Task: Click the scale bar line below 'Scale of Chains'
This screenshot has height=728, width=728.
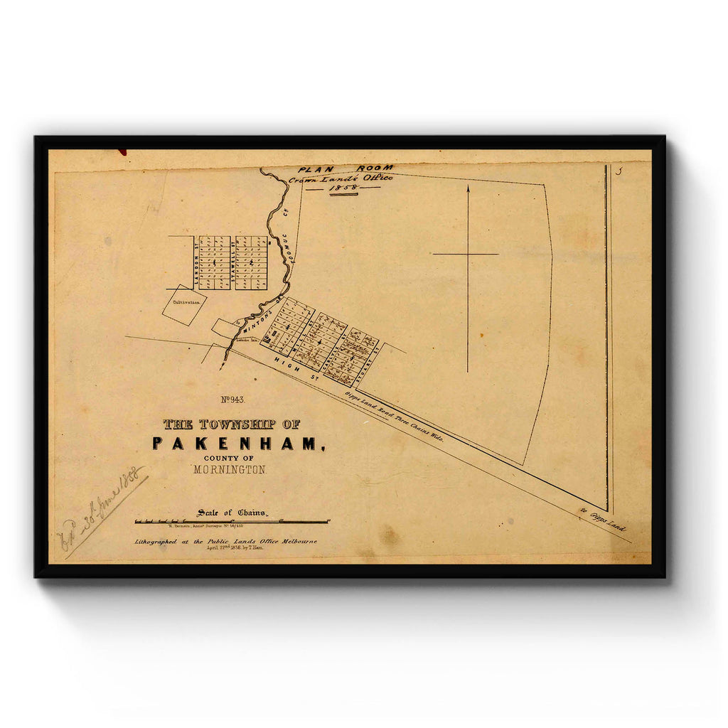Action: [x=232, y=522]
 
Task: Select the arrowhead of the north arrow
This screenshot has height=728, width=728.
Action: [x=468, y=189]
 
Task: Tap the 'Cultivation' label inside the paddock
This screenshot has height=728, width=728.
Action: [x=185, y=301]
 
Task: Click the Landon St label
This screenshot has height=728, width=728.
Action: [x=196, y=262]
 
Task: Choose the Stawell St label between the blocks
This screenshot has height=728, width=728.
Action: [x=233, y=262]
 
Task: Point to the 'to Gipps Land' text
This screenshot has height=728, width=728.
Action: [x=604, y=520]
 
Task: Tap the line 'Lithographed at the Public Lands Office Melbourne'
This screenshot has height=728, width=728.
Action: [x=226, y=542]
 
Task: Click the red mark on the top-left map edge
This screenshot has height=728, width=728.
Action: [x=122, y=151]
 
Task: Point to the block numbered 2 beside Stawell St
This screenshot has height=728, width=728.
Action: [x=252, y=263]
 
